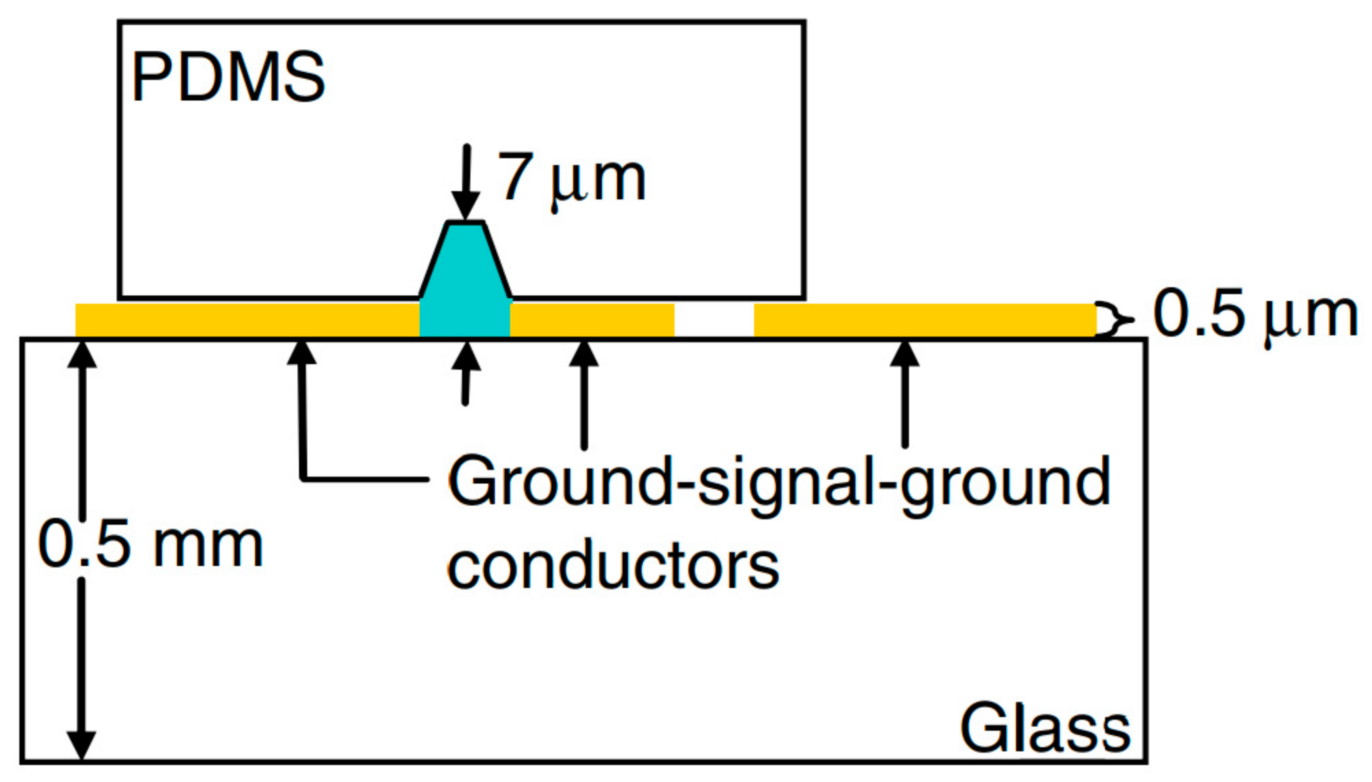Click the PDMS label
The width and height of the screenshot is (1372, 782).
[x=228, y=77]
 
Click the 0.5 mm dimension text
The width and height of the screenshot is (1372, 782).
[x=150, y=545]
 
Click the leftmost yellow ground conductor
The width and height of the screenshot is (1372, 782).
[x=247, y=320]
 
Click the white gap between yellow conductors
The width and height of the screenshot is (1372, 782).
[x=714, y=320]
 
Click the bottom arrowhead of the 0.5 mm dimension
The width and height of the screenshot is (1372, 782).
[x=81, y=744]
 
